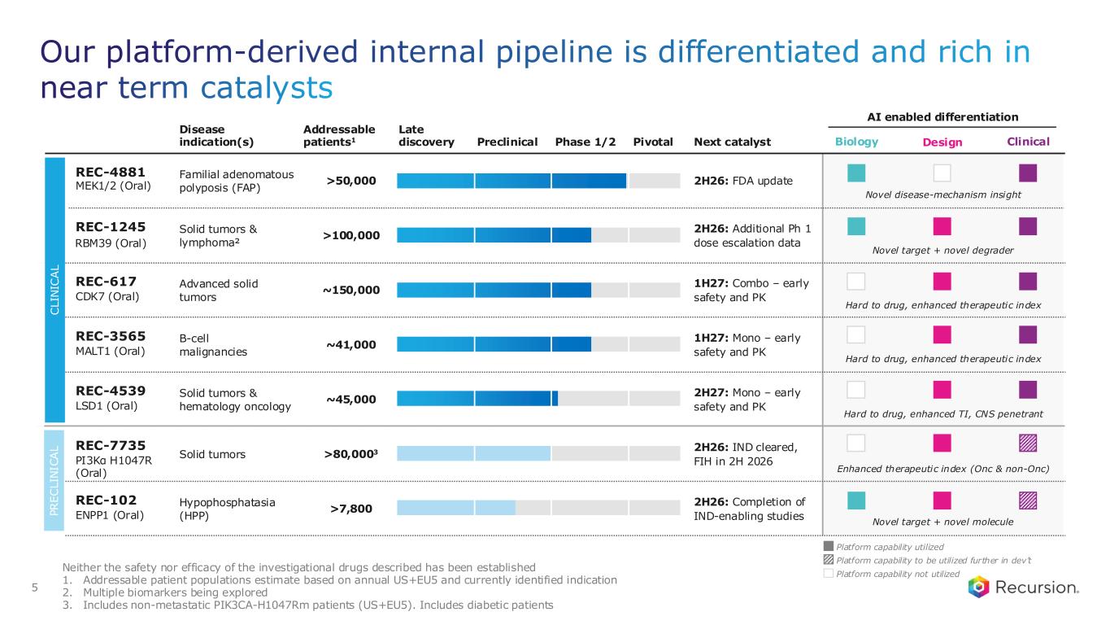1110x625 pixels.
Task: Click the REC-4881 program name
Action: (x=111, y=173)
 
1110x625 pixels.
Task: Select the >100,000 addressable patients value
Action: (x=351, y=235)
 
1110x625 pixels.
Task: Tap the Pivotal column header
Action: (x=653, y=142)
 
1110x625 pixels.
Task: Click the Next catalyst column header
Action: (x=732, y=142)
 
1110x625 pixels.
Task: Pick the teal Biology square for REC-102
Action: (x=856, y=500)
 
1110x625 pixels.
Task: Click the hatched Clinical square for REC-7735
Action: (x=1028, y=443)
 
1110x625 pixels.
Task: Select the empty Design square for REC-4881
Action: (x=942, y=173)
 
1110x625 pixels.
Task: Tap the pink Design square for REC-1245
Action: (x=942, y=226)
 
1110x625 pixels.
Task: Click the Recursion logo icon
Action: (x=978, y=587)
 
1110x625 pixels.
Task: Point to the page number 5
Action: (x=35, y=588)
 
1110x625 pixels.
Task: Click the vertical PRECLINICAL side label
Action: (x=54, y=480)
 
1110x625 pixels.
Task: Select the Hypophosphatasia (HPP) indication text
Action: (x=227, y=509)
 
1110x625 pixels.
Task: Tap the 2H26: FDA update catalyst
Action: (x=742, y=181)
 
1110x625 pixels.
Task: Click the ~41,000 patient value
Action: (x=351, y=344)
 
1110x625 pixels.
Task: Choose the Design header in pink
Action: (x=942, y=142)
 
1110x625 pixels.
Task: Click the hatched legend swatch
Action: (x=828, y=560)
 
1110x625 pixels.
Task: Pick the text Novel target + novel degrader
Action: (x=942, y=251)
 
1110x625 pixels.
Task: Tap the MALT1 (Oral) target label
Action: (x=110, y=352)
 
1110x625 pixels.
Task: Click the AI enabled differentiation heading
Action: (x=942, y=117)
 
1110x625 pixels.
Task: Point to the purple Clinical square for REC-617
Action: (x=1028, y=282)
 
